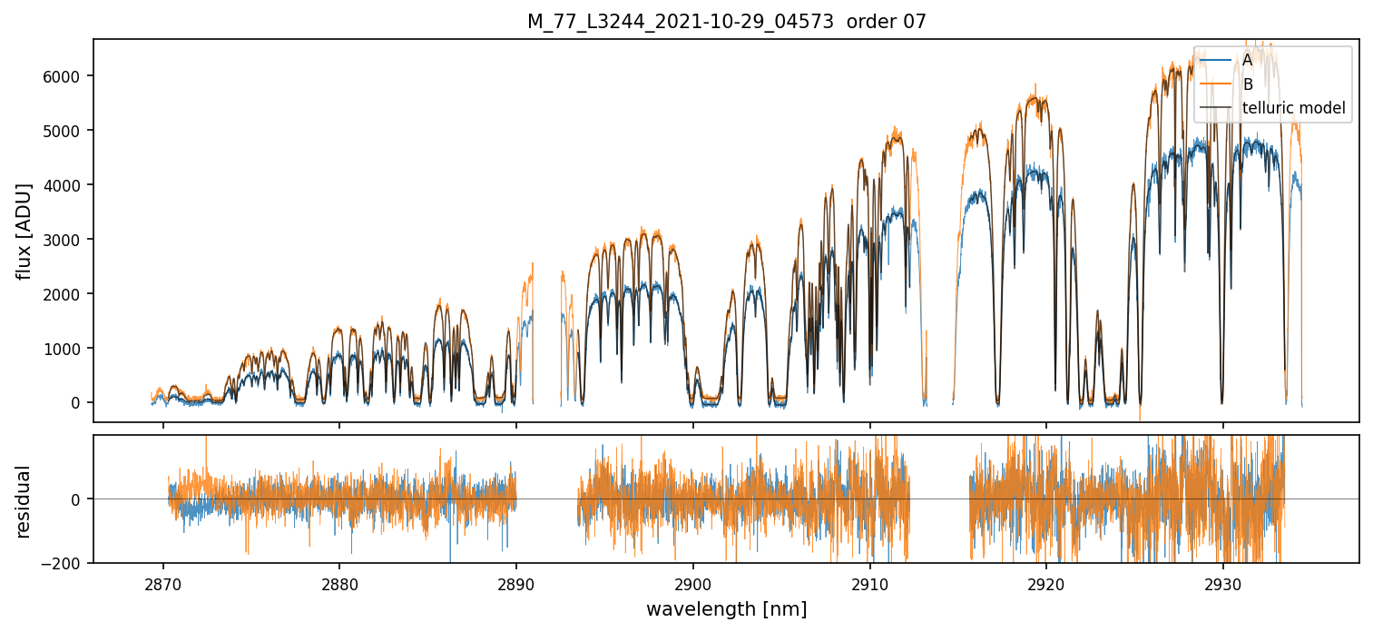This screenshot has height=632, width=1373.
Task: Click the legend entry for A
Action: pyautogui.click(x=1247, y=60)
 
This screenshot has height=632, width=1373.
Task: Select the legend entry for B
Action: pyautogui.click(x=1247, y=84)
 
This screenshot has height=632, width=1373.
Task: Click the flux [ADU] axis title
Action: pyautogui.click(x=25, y=231)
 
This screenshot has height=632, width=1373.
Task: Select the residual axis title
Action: pyautogui.click(x=25, y=501)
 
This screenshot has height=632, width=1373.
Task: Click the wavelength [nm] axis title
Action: pyautogui.click(x=726, y=609)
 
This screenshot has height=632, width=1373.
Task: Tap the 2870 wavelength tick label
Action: pyautogui.click(x=163, y=581)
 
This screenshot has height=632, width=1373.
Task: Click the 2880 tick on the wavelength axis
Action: pyautogui.click(x=339, y=581)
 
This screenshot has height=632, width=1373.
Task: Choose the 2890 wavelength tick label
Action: pyautogui.click(x=516, y=581)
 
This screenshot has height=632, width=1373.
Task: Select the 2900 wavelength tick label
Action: pyautogui.click(x=693, y=581)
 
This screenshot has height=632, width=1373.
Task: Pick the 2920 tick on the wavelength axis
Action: pyautogui.click(x=1046, y=581)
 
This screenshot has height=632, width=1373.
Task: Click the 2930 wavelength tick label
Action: pyautogui.click(x=1223, y=581)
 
